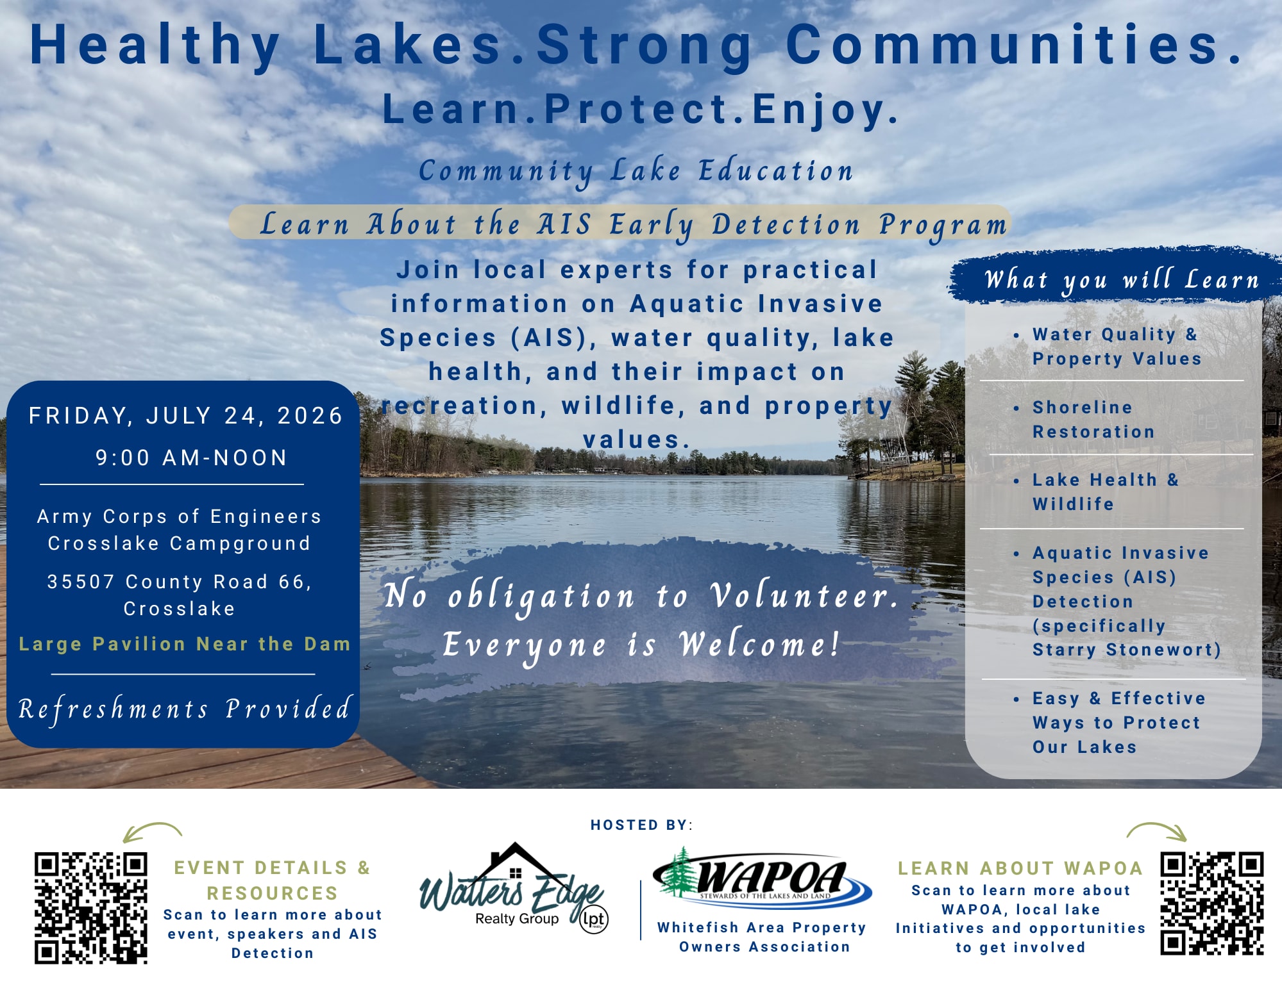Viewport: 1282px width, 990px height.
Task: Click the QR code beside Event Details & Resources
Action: [91, 908]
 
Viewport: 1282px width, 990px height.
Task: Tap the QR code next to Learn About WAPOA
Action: [1212, 903]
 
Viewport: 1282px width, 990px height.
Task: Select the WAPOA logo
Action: [762, 877]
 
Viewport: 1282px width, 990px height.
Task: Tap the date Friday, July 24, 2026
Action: [186, 416]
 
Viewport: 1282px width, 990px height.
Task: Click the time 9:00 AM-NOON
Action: [191, 458]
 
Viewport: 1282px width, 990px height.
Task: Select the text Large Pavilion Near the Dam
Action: [185, 644]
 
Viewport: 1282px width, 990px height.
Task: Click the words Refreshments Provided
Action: [185, 709]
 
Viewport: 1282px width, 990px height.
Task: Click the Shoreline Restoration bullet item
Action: [1093, 419]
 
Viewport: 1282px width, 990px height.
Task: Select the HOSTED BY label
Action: [641, 825]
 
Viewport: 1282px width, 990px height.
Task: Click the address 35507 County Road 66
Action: [180, 582]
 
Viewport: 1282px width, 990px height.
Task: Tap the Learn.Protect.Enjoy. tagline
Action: [641, 110]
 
